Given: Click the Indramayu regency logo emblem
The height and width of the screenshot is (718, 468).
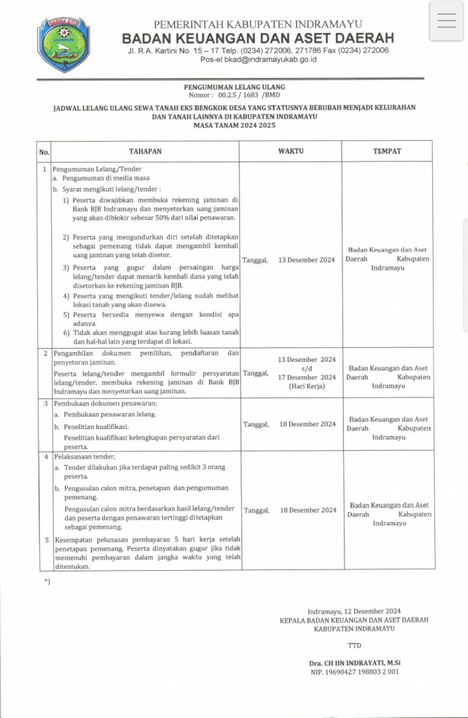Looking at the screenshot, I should tap(63, 45).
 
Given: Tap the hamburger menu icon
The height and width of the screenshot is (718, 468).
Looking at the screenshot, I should tap(447, 21).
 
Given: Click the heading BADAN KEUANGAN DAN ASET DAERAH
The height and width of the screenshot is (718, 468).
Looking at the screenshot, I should tap(258, 38).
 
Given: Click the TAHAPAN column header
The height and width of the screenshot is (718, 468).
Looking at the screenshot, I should tap(145, 151).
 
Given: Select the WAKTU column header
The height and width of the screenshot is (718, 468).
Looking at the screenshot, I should tap(290, 151).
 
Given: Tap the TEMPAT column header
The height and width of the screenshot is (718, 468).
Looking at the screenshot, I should tap(387, 151).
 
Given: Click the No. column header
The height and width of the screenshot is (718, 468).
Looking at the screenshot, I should tap(44, 151).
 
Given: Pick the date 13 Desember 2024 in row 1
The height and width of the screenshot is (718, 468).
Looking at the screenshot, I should tap(307, 259).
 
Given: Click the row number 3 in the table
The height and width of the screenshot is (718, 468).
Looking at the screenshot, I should tap(46, 403).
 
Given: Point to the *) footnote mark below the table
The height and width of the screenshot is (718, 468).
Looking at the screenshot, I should tap(47, 582).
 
